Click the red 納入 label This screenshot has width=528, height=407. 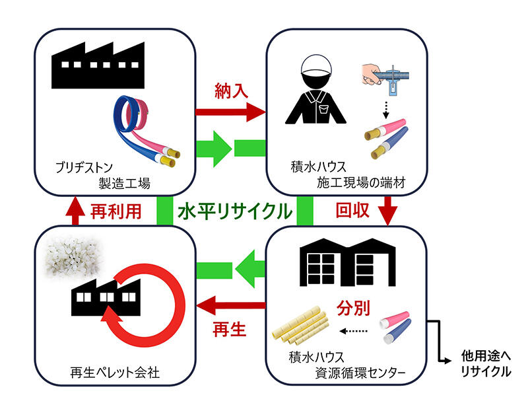pyautogui.click(x=231, y=91)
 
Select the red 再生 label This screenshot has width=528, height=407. pyautogui.click(x=230, y=328)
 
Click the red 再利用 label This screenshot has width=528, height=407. pyautogui.click(x=115, y=211)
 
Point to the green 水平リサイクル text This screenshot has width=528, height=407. pyautogui.click(x=234, y=211)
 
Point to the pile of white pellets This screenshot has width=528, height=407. pyautogui.click(x=69, y=258)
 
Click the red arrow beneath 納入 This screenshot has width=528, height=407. pyautogui.click(x=231, y=113)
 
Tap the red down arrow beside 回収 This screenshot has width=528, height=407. pyautogui.click(x=387, y=211)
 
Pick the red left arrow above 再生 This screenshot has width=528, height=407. pyautogui.click(x=231, y=305)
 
